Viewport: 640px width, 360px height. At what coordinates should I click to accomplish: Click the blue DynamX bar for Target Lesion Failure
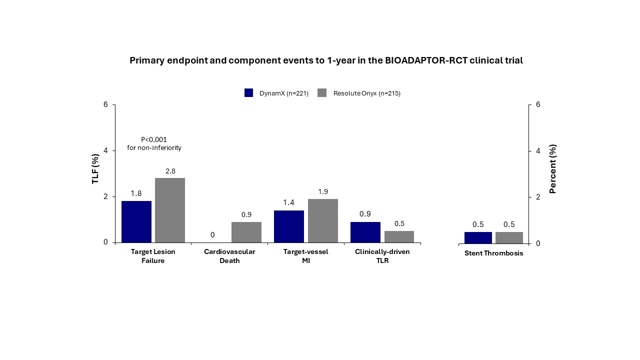136,221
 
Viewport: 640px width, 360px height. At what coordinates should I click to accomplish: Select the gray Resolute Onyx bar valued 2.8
170,210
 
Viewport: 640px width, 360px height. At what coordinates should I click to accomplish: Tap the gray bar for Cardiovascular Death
246,232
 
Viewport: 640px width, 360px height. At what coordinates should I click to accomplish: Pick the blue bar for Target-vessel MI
289,226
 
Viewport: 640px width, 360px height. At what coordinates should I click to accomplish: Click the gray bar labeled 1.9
323,220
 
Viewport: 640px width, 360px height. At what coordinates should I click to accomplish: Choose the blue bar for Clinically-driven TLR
365,232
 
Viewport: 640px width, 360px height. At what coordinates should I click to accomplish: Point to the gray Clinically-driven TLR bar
399,236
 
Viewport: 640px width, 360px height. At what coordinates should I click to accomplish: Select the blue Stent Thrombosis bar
478,237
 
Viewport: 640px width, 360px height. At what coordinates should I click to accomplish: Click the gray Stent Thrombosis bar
509,237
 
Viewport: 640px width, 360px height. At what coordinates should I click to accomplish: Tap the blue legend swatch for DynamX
249,93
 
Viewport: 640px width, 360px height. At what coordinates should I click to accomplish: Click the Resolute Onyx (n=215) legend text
367,93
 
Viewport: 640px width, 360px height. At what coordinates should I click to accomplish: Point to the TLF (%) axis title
95,168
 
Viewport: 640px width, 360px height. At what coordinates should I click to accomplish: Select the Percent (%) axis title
553,168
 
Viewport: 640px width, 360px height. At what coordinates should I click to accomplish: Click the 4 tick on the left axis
105,150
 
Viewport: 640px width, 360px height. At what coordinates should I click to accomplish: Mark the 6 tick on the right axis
537,104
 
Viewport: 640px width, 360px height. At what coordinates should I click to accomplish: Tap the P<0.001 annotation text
154,139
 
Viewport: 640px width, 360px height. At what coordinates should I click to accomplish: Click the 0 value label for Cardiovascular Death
212,234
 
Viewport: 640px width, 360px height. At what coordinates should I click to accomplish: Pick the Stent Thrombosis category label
493,253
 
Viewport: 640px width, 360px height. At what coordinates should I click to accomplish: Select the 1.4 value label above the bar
289,202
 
